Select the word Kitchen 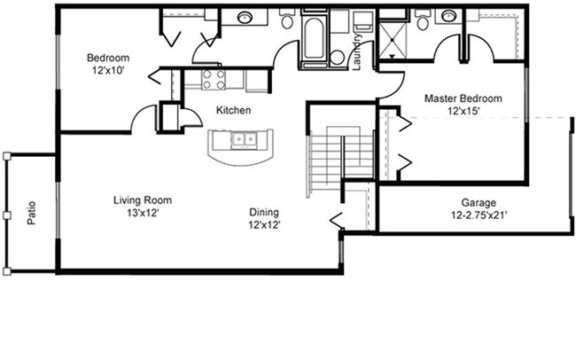(x=233, y=111)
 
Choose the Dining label (x=264, y=212)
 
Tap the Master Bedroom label (x=463, y=98)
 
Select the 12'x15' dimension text (x=463, y=111)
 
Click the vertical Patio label (x=31, y=214)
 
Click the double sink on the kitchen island (x=242, y=139)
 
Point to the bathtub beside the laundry (x=315, y=41)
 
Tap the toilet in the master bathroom (x=422, y=21)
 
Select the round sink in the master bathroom (x=449, y=16)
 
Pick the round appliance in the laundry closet (x=337, y=57)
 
